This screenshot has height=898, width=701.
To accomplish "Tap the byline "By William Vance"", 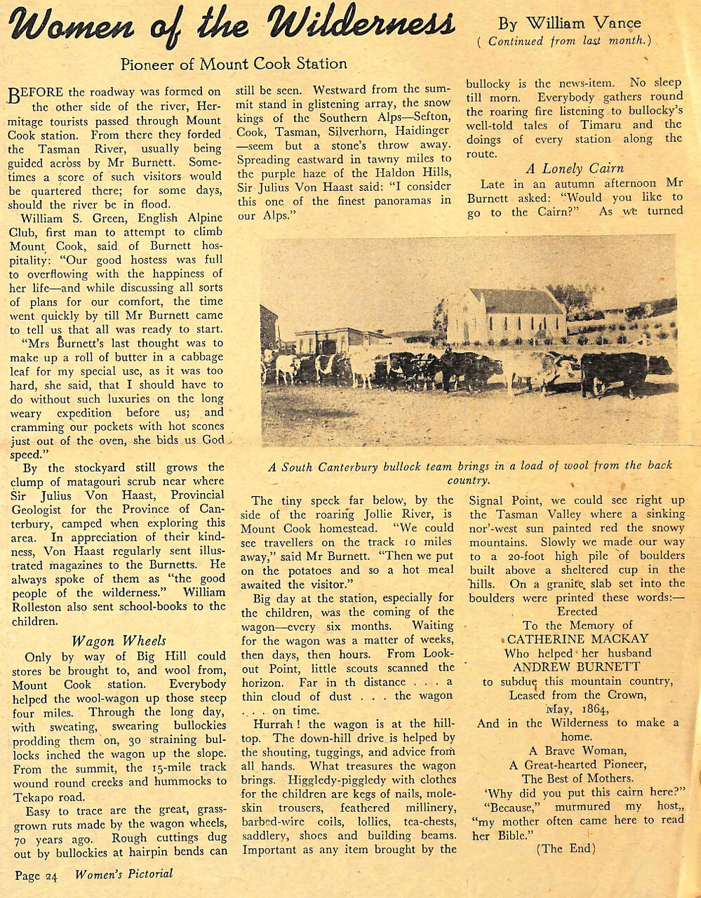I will [x=569, y=23].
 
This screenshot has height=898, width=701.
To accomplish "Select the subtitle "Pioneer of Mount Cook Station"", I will [x=234, y=64].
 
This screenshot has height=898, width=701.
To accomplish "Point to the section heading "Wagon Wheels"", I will [x=120, y=641].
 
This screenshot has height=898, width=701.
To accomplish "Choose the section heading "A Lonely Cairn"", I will [x=575, y=168].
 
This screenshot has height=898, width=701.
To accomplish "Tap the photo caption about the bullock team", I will [x=470, y=472].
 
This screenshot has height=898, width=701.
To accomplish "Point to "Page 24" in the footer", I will [x=36, y=875].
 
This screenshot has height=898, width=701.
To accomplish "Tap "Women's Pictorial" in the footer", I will [x=123, y=874].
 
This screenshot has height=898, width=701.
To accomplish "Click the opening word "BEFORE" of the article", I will [x=36, y=93].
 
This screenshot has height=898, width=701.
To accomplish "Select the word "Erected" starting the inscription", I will [x=578, y=611].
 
